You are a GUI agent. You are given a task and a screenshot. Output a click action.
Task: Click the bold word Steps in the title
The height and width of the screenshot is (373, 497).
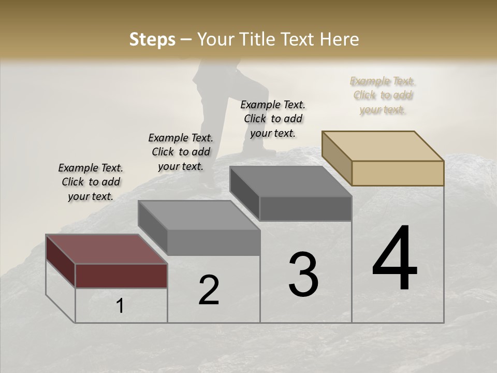point(152,39)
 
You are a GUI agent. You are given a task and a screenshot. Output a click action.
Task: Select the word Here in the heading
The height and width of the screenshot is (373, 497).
point(340,39)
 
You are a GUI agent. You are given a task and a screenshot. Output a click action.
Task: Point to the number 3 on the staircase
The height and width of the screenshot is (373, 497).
point(303,275)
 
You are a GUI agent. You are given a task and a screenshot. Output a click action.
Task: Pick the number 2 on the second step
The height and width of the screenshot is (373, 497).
point(209,290)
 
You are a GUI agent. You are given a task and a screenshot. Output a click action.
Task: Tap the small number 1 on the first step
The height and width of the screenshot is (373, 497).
point(120,306)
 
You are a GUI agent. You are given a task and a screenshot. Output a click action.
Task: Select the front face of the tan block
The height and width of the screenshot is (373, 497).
point(398,173)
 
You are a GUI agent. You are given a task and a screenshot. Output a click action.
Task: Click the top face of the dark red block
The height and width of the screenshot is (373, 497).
point(106,249)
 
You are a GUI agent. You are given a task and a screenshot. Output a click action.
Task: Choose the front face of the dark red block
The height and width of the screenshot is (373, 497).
point(121,276)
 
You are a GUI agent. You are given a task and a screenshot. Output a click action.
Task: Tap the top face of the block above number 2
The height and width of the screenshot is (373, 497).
point(199,215)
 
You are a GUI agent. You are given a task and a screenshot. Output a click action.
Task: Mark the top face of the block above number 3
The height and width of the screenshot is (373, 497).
point(290,181)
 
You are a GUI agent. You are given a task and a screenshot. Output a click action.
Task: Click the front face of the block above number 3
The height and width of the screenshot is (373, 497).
point(305,209)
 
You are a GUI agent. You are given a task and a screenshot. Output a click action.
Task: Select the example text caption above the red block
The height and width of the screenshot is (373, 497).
point(91,182)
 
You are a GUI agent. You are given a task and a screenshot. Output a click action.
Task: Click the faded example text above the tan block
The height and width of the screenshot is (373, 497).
point(382,95)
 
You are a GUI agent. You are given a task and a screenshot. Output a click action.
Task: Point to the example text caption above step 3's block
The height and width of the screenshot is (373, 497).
point(273,119)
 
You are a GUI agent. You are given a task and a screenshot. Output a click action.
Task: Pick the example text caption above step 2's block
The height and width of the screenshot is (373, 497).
point(181,152)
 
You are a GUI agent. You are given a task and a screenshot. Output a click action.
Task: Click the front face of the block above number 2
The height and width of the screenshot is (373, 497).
point(214,242)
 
